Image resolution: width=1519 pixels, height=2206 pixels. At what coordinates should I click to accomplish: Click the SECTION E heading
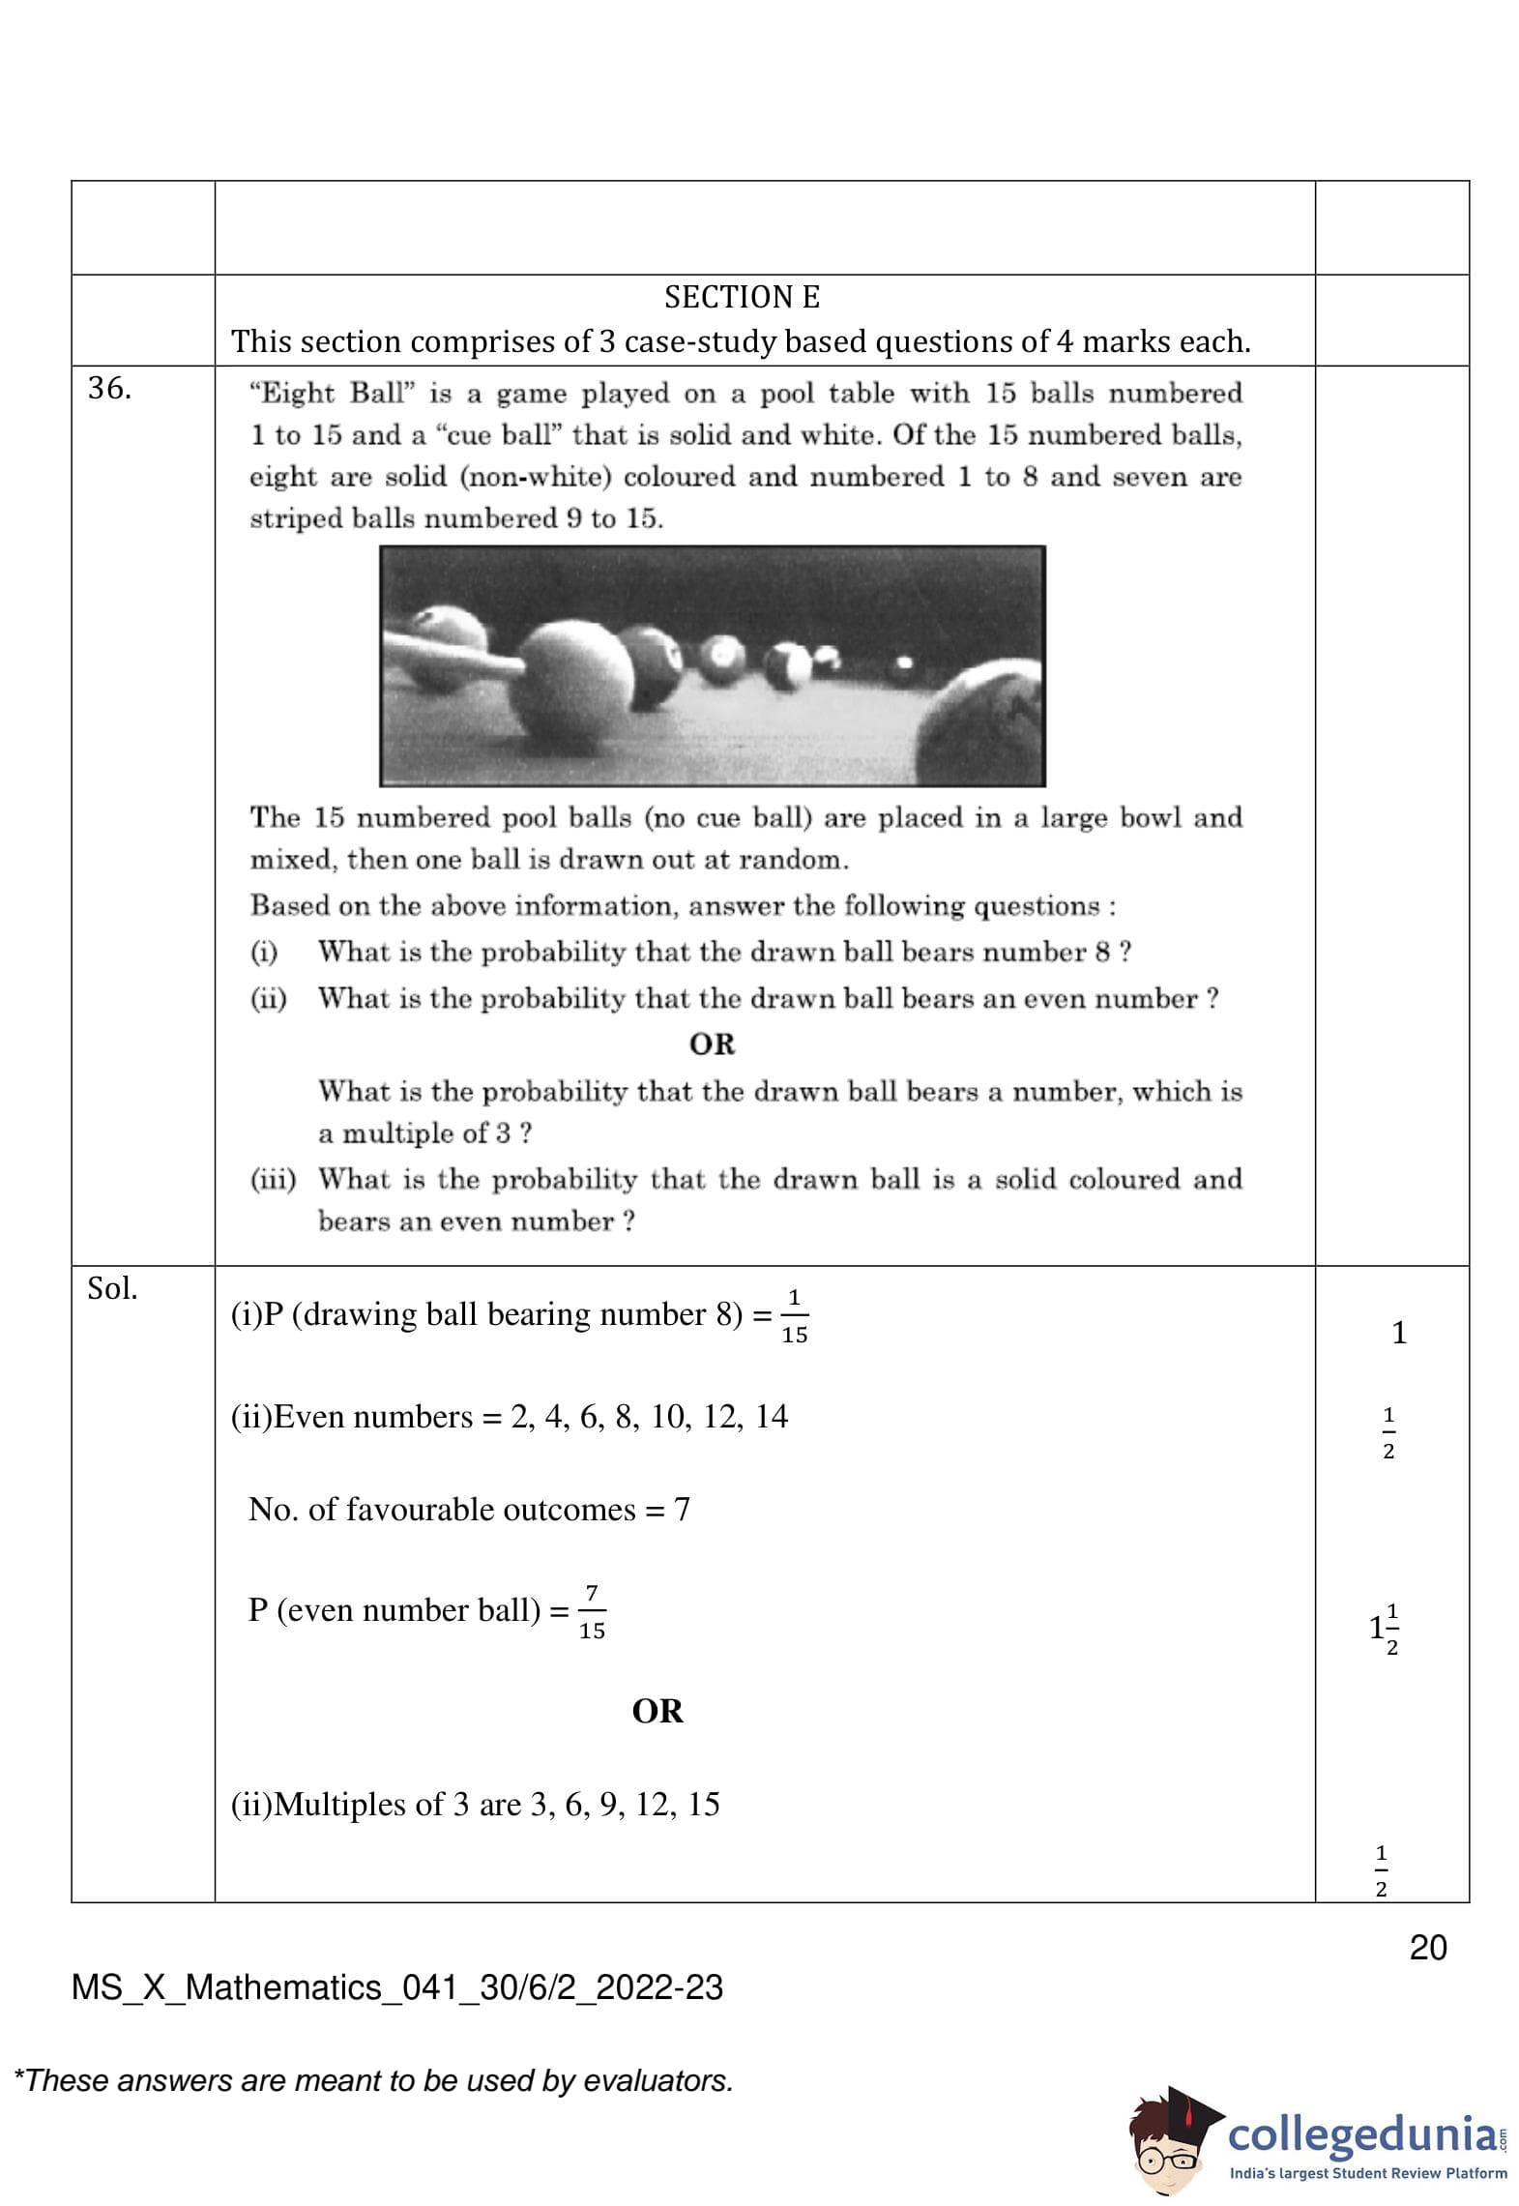[742, 297]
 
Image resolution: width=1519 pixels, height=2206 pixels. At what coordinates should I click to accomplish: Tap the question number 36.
[109, 388]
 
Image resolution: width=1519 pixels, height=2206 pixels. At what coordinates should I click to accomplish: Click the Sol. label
[112, 1288]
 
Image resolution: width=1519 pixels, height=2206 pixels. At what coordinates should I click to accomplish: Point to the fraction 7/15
[592, 1611]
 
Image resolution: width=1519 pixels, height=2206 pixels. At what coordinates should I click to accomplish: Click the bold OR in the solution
[657, 1711]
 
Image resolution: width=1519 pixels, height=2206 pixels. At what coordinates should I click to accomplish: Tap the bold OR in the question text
[713, 1044]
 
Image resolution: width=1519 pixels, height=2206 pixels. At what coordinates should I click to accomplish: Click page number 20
[1428, 1947]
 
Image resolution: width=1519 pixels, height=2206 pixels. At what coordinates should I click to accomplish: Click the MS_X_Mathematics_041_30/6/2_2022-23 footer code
[397, 1987]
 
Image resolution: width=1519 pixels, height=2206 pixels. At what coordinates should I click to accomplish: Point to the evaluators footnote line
[374, 2080]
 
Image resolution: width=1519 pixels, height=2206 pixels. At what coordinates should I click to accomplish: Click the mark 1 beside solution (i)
[1398, 1333]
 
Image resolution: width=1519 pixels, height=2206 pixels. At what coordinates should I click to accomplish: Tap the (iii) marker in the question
[273, 1179]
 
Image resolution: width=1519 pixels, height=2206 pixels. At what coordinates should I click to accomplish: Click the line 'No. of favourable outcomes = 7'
[469, 1510]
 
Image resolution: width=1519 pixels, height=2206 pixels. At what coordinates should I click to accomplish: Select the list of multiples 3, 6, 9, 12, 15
[625, 1805]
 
